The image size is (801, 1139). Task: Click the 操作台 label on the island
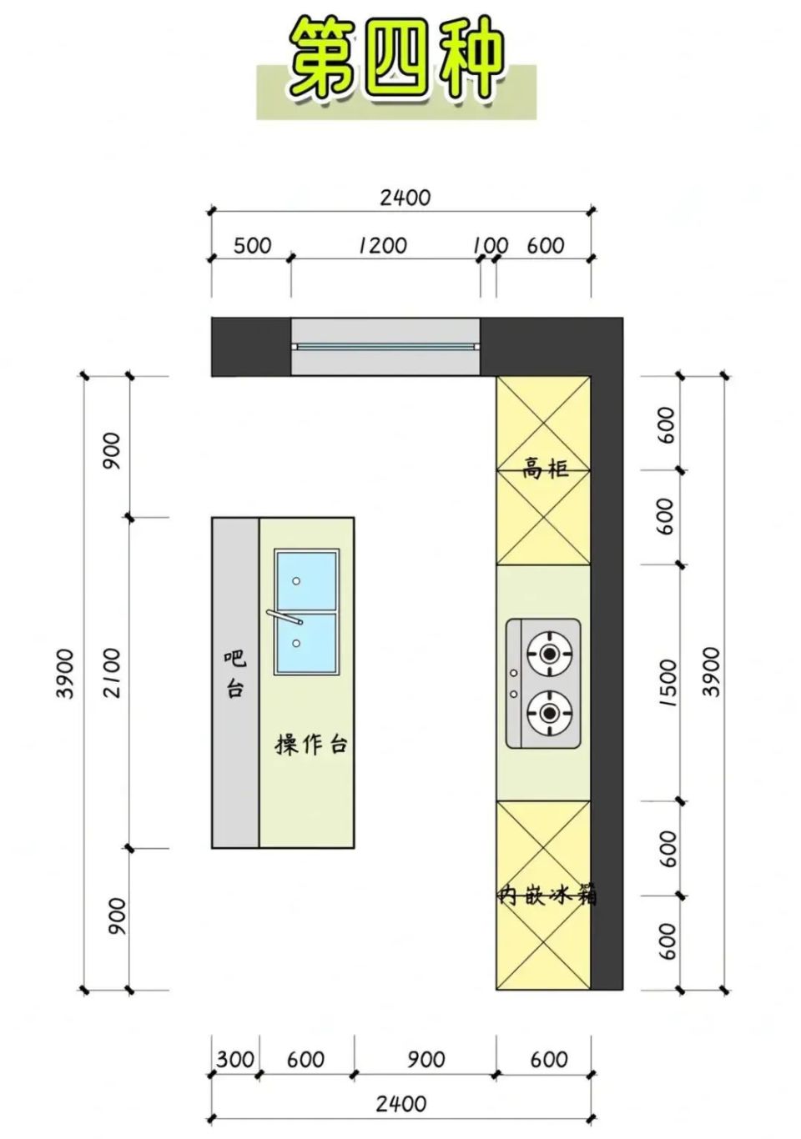click(x=311, y=745)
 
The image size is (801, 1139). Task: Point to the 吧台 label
click(x=234, y=675)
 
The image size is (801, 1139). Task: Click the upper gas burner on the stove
click(x=549, y=654)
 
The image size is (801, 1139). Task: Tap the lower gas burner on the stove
click(x=549, y=714)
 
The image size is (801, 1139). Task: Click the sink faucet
click(x=285, y=617)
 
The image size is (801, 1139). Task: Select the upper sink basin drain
click(x=296, y=580)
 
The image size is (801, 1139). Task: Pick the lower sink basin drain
click(x=296, y=643)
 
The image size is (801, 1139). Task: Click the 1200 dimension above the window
click(x=382, y=246)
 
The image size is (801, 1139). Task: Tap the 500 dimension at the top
click(x=253, y=246)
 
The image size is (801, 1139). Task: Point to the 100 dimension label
click(x=491, y=246)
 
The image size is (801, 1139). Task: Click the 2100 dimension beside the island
click(x=112, y=673)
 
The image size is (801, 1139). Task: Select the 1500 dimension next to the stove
click(x=667, y=683)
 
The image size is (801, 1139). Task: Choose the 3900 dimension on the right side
click(x=712, y=672)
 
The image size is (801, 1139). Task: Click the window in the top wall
click(x=385, y=347)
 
